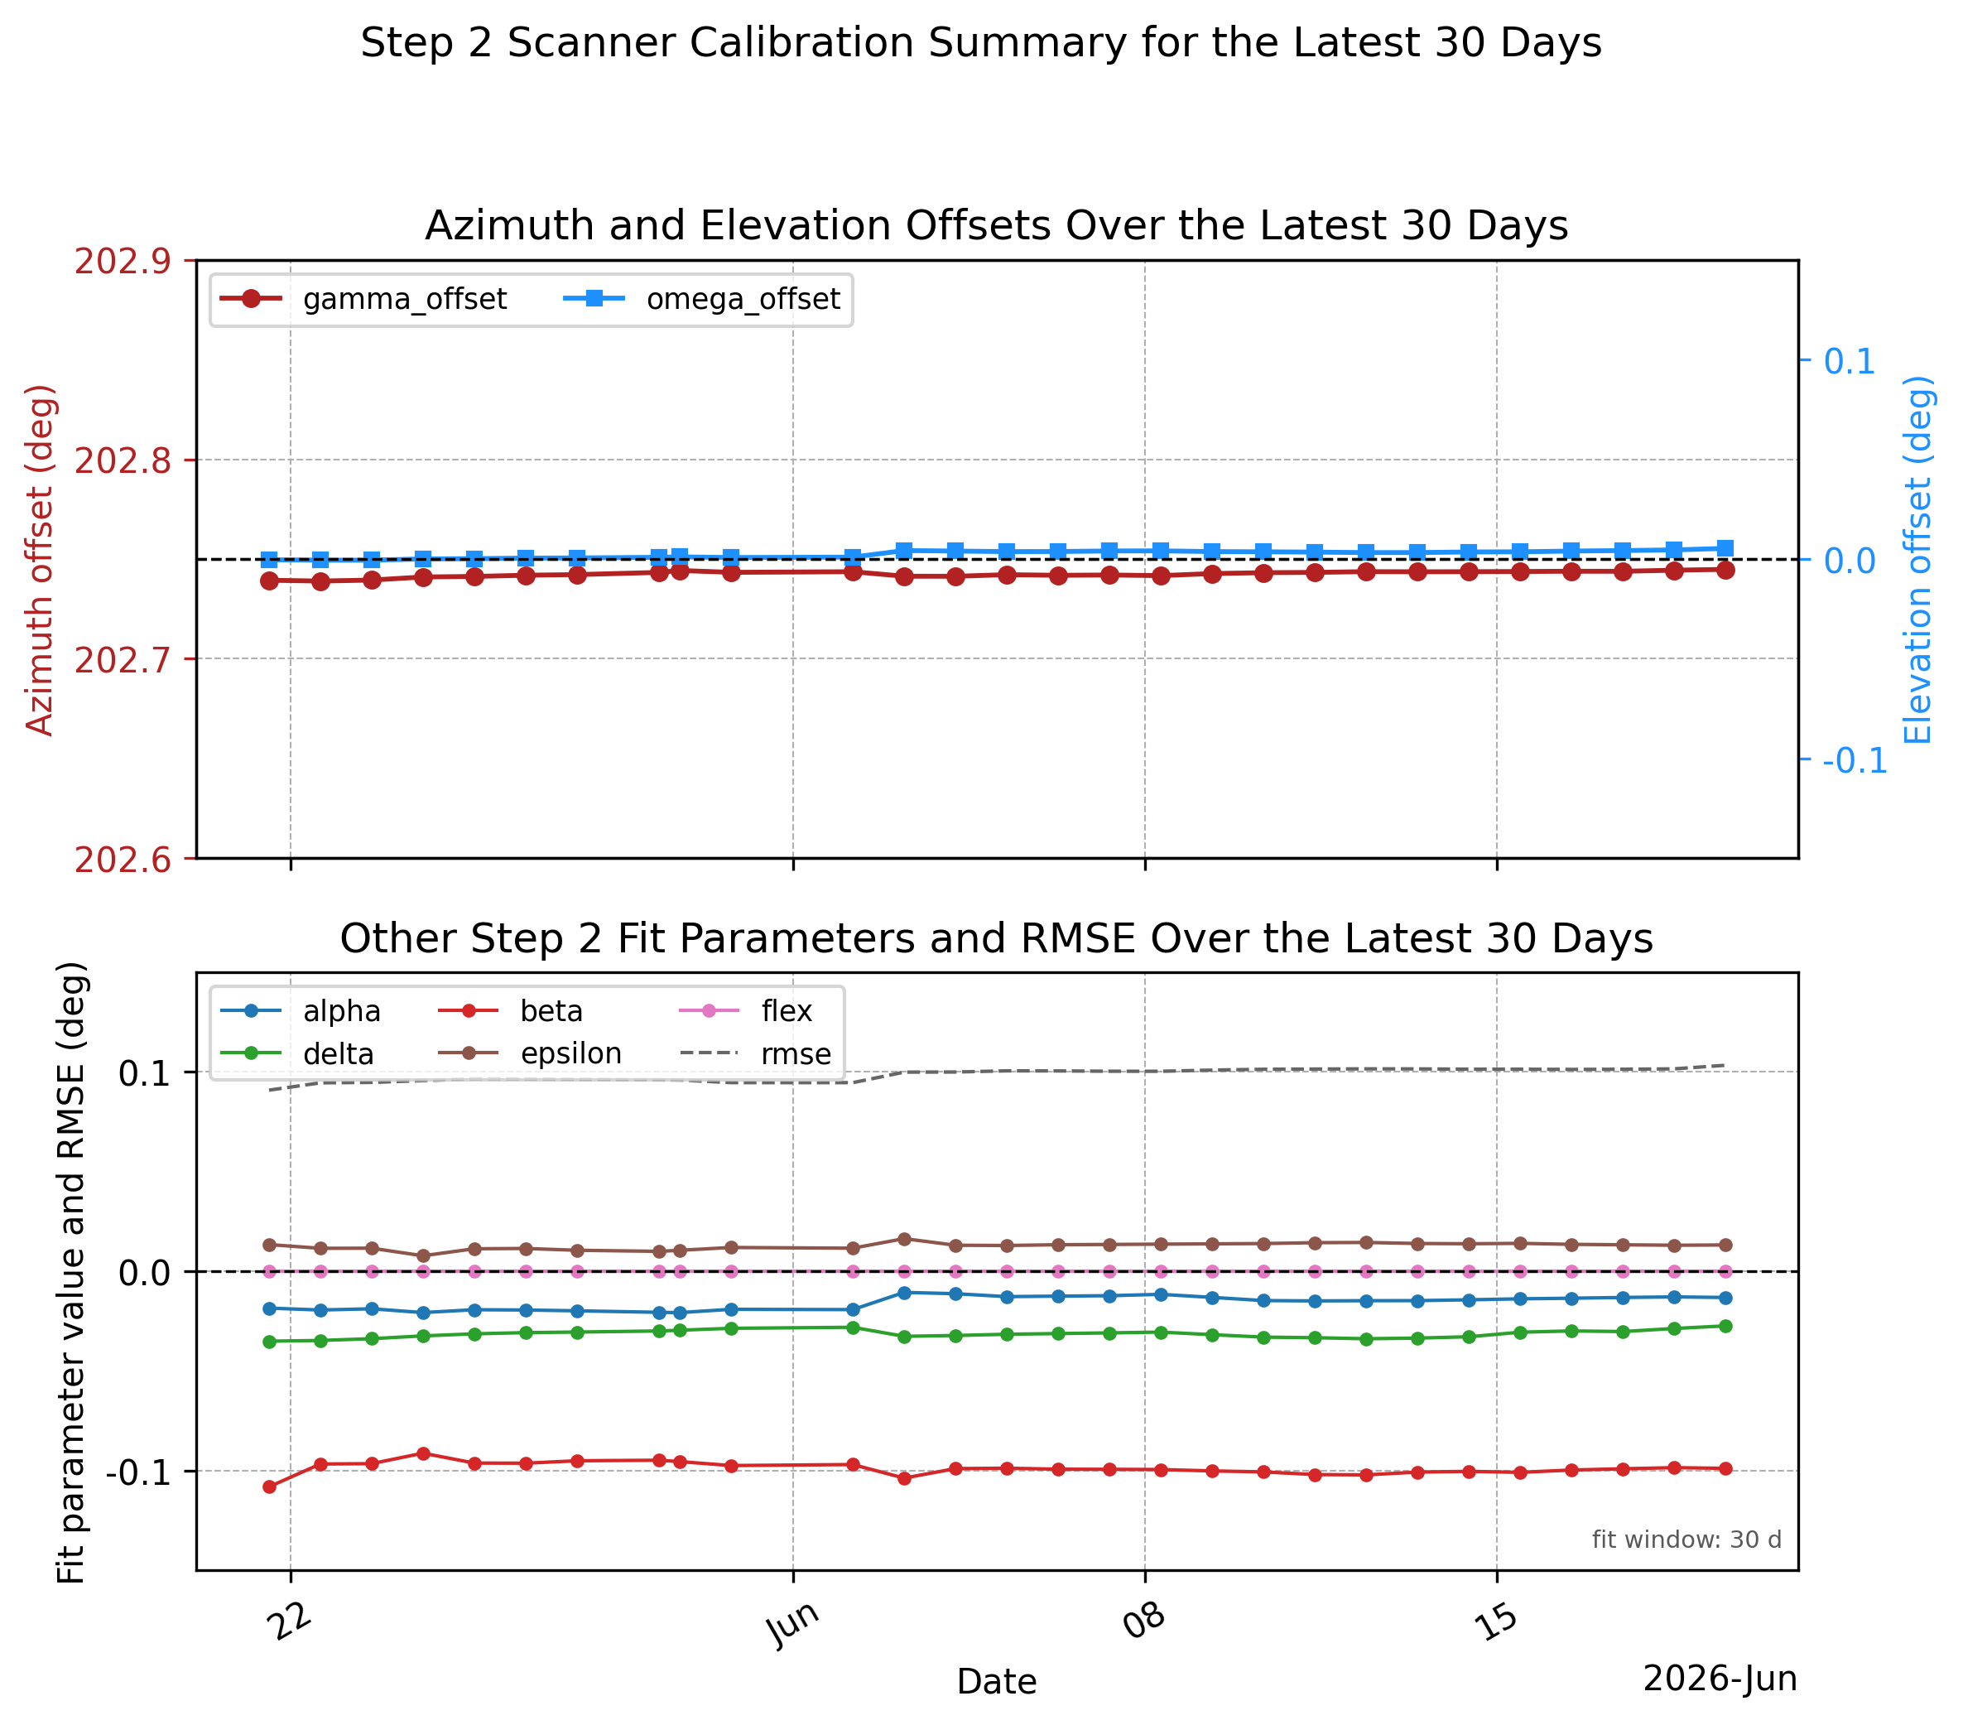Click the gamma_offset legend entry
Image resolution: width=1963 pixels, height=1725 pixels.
(x=363, y=300)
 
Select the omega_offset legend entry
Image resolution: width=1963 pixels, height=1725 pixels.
(x=701, y=300)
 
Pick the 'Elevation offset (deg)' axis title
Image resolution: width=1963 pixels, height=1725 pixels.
(x=1917, y=560)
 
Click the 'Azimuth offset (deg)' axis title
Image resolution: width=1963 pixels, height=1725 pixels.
(x=41, y=560)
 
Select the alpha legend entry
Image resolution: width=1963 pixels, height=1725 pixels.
(x=301, y=1011)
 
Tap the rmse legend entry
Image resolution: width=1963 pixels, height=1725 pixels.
(x=756, y=1053)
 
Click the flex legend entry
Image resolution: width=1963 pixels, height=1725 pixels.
(x=746, y=1011)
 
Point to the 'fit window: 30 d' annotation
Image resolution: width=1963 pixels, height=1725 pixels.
(x=1686, y=1539)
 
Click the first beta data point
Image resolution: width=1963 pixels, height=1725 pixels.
(x=270, y=1486)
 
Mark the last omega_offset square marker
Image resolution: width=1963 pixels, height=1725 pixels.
(x=1725, y=548)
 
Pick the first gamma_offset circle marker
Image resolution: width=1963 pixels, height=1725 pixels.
(x=270, y=581)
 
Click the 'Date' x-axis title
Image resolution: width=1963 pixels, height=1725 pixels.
(x=997, y=1682)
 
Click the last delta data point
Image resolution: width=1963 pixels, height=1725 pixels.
(x=1725, y=1327)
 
